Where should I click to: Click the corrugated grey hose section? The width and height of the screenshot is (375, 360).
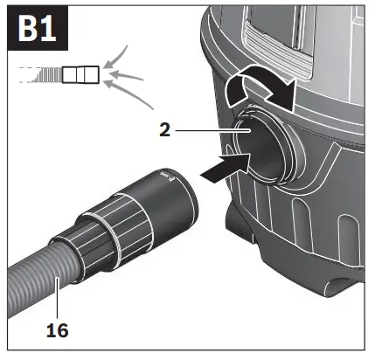pyautogui.click(x=35, y=275)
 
